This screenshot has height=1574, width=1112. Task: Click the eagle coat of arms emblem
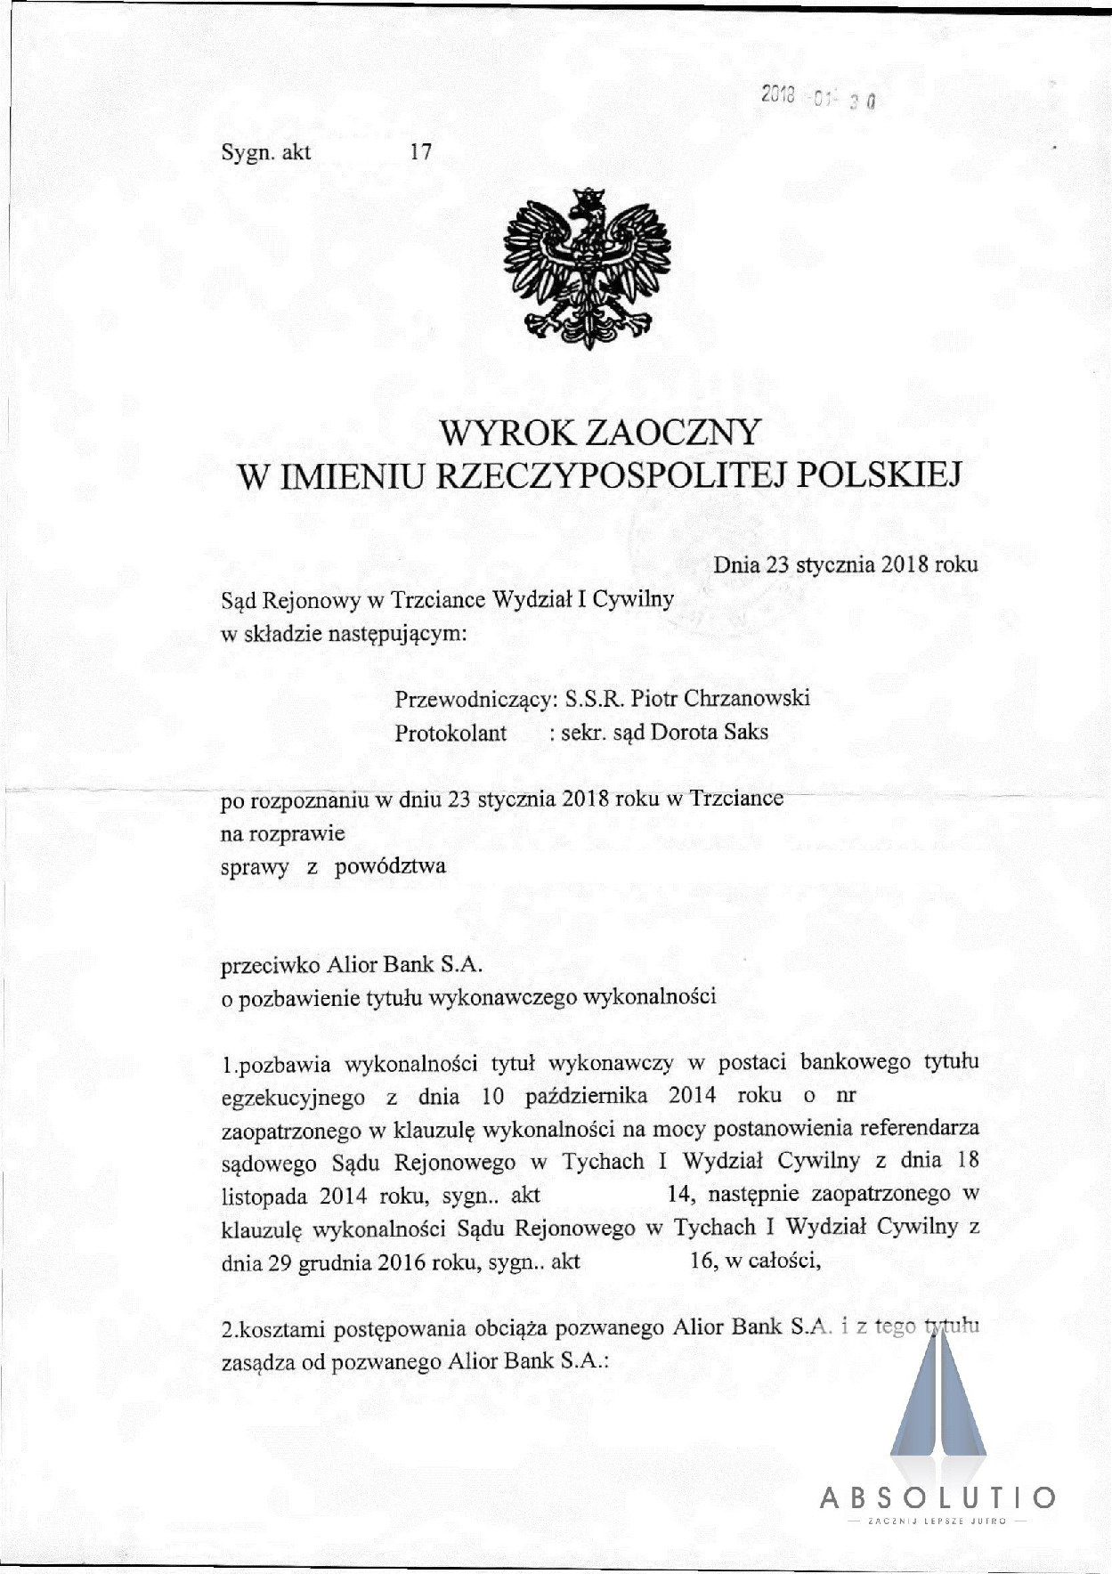pyautogui.click(x=587, y=267)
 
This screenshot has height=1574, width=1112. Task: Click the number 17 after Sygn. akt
pyautogui.click(x=420, y=152)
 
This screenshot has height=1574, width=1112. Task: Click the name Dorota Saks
pyautogui.click(x=710, y=733)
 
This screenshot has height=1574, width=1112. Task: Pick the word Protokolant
pyautogui.click(x=450, y=733)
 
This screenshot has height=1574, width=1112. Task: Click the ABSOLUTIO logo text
pyautogui.click(x=937, y=1497)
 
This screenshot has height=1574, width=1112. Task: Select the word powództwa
pyautogui.click(x=390, y=865)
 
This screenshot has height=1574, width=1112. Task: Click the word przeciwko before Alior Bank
pyautogui.click(x=271, y=963)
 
